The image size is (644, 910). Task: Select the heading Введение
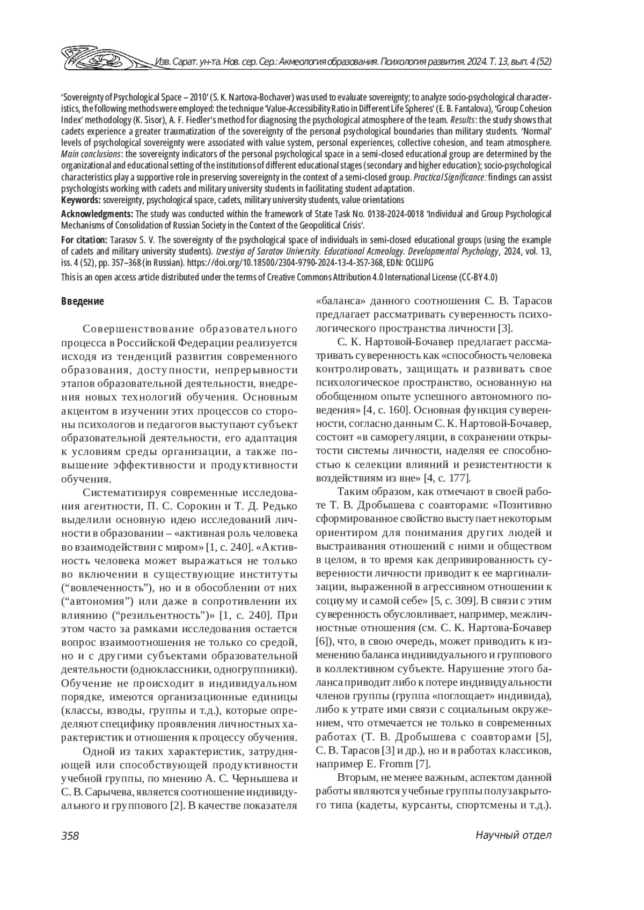pos(82,301)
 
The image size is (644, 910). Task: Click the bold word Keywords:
pos(80,200)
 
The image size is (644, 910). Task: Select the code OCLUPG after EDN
pos(419,263)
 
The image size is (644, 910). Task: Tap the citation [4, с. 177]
pos(447,478)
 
